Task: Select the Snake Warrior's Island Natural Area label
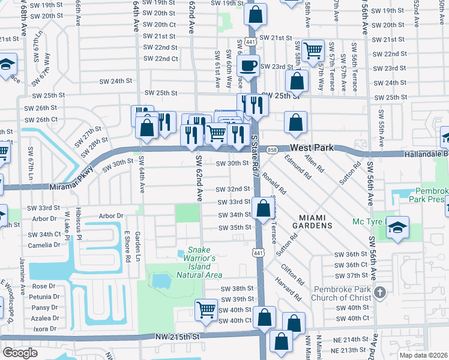(x=199, y=262)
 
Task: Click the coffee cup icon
(x=250, y=65)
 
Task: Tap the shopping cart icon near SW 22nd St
(x=313, y=50)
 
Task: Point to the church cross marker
(x=379, y=292)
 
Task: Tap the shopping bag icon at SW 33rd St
(x=263, y=209)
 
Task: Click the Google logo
(x=20, y=352)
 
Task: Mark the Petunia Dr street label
(x=46, y=296)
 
